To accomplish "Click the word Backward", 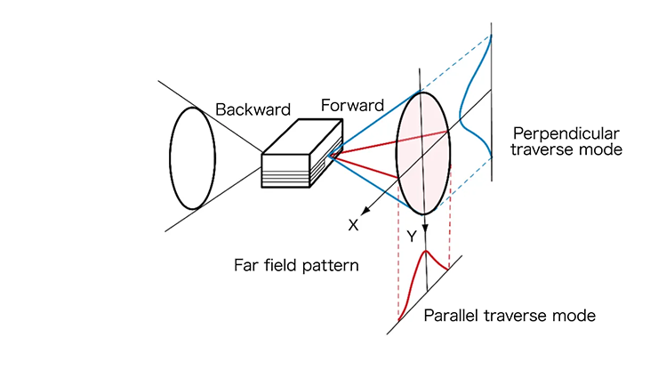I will (x=253, y=110).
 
